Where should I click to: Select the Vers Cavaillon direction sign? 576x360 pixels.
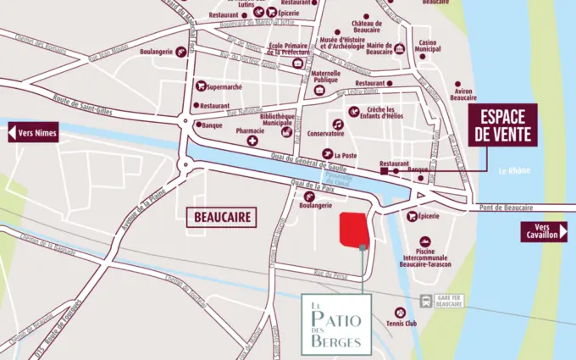pos(543,232)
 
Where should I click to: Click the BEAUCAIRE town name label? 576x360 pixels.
pos(219,217)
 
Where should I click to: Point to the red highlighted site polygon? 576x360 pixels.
pos(355,229)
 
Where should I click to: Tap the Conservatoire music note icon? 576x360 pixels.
pos(337,124)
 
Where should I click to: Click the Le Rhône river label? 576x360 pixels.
pos(514,170)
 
